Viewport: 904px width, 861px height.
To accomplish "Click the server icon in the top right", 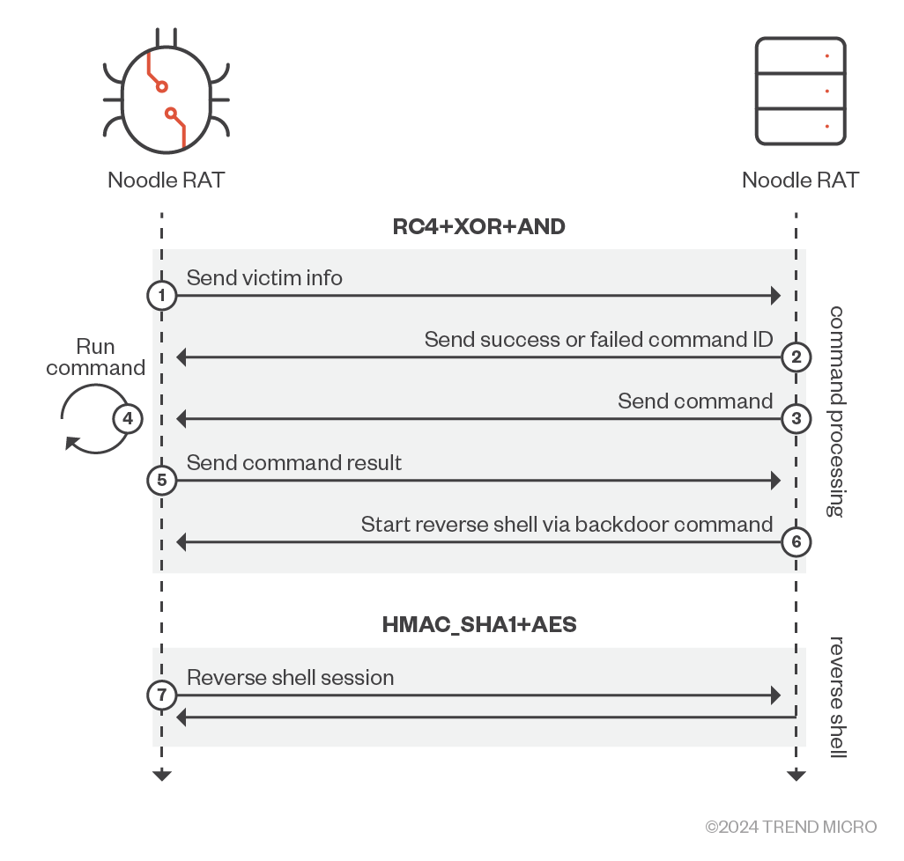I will point(800,92).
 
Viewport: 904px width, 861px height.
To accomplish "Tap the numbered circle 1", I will point(161,296).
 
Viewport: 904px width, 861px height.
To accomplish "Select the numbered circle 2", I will point(797,357).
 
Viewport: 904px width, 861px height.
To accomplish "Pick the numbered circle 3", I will point(797,419).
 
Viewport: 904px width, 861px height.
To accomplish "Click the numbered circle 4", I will point(128,419).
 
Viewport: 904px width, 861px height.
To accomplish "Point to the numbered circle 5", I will point(161,481).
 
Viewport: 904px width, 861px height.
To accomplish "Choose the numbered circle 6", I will point(797,542).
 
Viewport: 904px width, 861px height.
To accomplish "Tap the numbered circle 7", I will point(161,695).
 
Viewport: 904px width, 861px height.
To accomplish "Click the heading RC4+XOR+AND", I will point(478,227).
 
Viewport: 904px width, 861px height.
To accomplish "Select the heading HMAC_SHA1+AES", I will point(479,625).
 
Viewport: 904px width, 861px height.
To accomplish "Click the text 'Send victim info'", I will point(264,278).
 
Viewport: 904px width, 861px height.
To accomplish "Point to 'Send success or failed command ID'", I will point(598,340).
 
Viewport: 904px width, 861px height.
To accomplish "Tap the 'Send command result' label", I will point(294,463).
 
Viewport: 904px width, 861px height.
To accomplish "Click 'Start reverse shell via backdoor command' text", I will point(567,525).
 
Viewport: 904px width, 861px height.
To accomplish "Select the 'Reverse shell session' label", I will point(290,678).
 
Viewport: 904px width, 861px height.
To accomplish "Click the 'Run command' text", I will point(96,357).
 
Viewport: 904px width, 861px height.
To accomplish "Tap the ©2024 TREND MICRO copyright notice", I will point(791,827).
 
